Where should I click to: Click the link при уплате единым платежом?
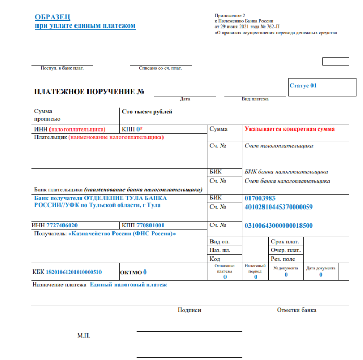click(85, 25)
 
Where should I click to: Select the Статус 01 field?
click(303, 86)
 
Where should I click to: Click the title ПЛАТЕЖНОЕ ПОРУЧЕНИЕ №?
click(89, 92)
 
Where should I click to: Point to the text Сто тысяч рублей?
click(146, 112)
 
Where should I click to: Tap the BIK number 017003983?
click(260, 198)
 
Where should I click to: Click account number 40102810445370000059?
click(278, 207)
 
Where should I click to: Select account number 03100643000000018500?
click(279, 225)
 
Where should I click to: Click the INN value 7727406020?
click(62, 225)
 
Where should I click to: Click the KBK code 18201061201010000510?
click(74, 272)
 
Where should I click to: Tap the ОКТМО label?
click(130, 272)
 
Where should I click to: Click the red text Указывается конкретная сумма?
click(290, 129)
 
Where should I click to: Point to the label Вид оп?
click(219, 242)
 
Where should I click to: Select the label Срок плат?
click(285, 242)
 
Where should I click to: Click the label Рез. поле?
click(283, 259)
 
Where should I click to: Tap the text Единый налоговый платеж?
click(128, 285)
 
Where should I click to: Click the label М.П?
click(83, 336)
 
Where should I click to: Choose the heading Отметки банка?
click(296, 310)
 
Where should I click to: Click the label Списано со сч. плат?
click(160, 68)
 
